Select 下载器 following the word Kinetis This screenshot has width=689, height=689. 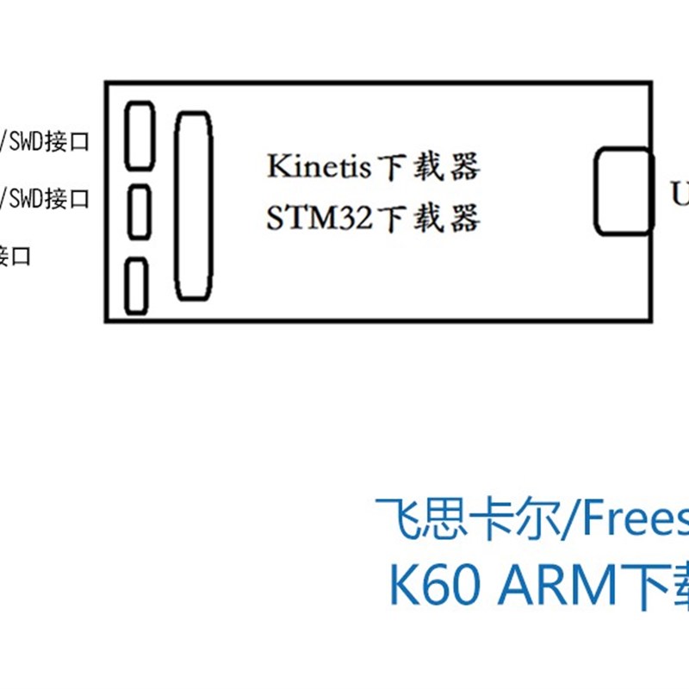(427, 167)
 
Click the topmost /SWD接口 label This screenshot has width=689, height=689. (48, 141)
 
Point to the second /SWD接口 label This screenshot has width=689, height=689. (48, 199)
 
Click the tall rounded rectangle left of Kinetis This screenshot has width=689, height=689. (193, 207)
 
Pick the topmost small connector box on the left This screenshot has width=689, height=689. (140, 136)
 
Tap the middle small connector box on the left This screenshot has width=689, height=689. (140, 212)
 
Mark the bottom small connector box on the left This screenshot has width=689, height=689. (136, 286)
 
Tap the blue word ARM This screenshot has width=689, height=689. (560, 586)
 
